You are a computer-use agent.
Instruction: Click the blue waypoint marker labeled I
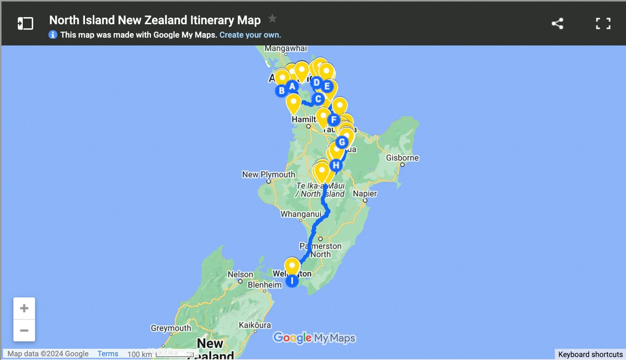coord(292,281)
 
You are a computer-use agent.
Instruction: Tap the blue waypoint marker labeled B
coord(281,90)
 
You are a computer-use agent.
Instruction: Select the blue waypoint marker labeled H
coord(336,165)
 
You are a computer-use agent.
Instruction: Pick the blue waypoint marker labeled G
coord(341,142)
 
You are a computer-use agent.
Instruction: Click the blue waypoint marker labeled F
coord(334,120)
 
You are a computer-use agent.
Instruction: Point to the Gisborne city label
coord(402,158)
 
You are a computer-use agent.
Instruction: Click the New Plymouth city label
coord(269,174)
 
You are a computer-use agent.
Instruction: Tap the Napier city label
coord(365,194)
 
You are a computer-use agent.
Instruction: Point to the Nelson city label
coord(241,275)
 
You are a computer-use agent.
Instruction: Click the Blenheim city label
coord(265,285)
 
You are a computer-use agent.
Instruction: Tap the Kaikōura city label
coord(255,325)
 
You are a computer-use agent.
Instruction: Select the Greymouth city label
coord(171,328)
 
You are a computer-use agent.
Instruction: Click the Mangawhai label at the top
coord(286,48)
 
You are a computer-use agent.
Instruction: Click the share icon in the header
coord(557,23)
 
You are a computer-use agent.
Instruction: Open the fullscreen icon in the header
coord(603,23)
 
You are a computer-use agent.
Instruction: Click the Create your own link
coord(250,35)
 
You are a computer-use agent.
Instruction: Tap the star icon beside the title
coord(272,19)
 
